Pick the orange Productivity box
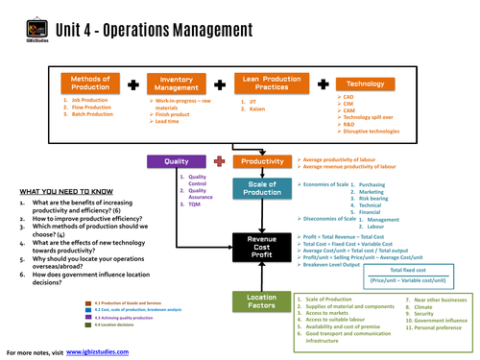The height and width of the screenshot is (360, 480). [x=261, y=161]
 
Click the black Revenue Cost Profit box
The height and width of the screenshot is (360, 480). [x=261, y=248]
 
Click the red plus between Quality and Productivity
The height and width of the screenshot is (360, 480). [x=220, y=161]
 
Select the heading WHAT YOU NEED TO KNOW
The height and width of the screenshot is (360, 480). [x=63, y=192]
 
